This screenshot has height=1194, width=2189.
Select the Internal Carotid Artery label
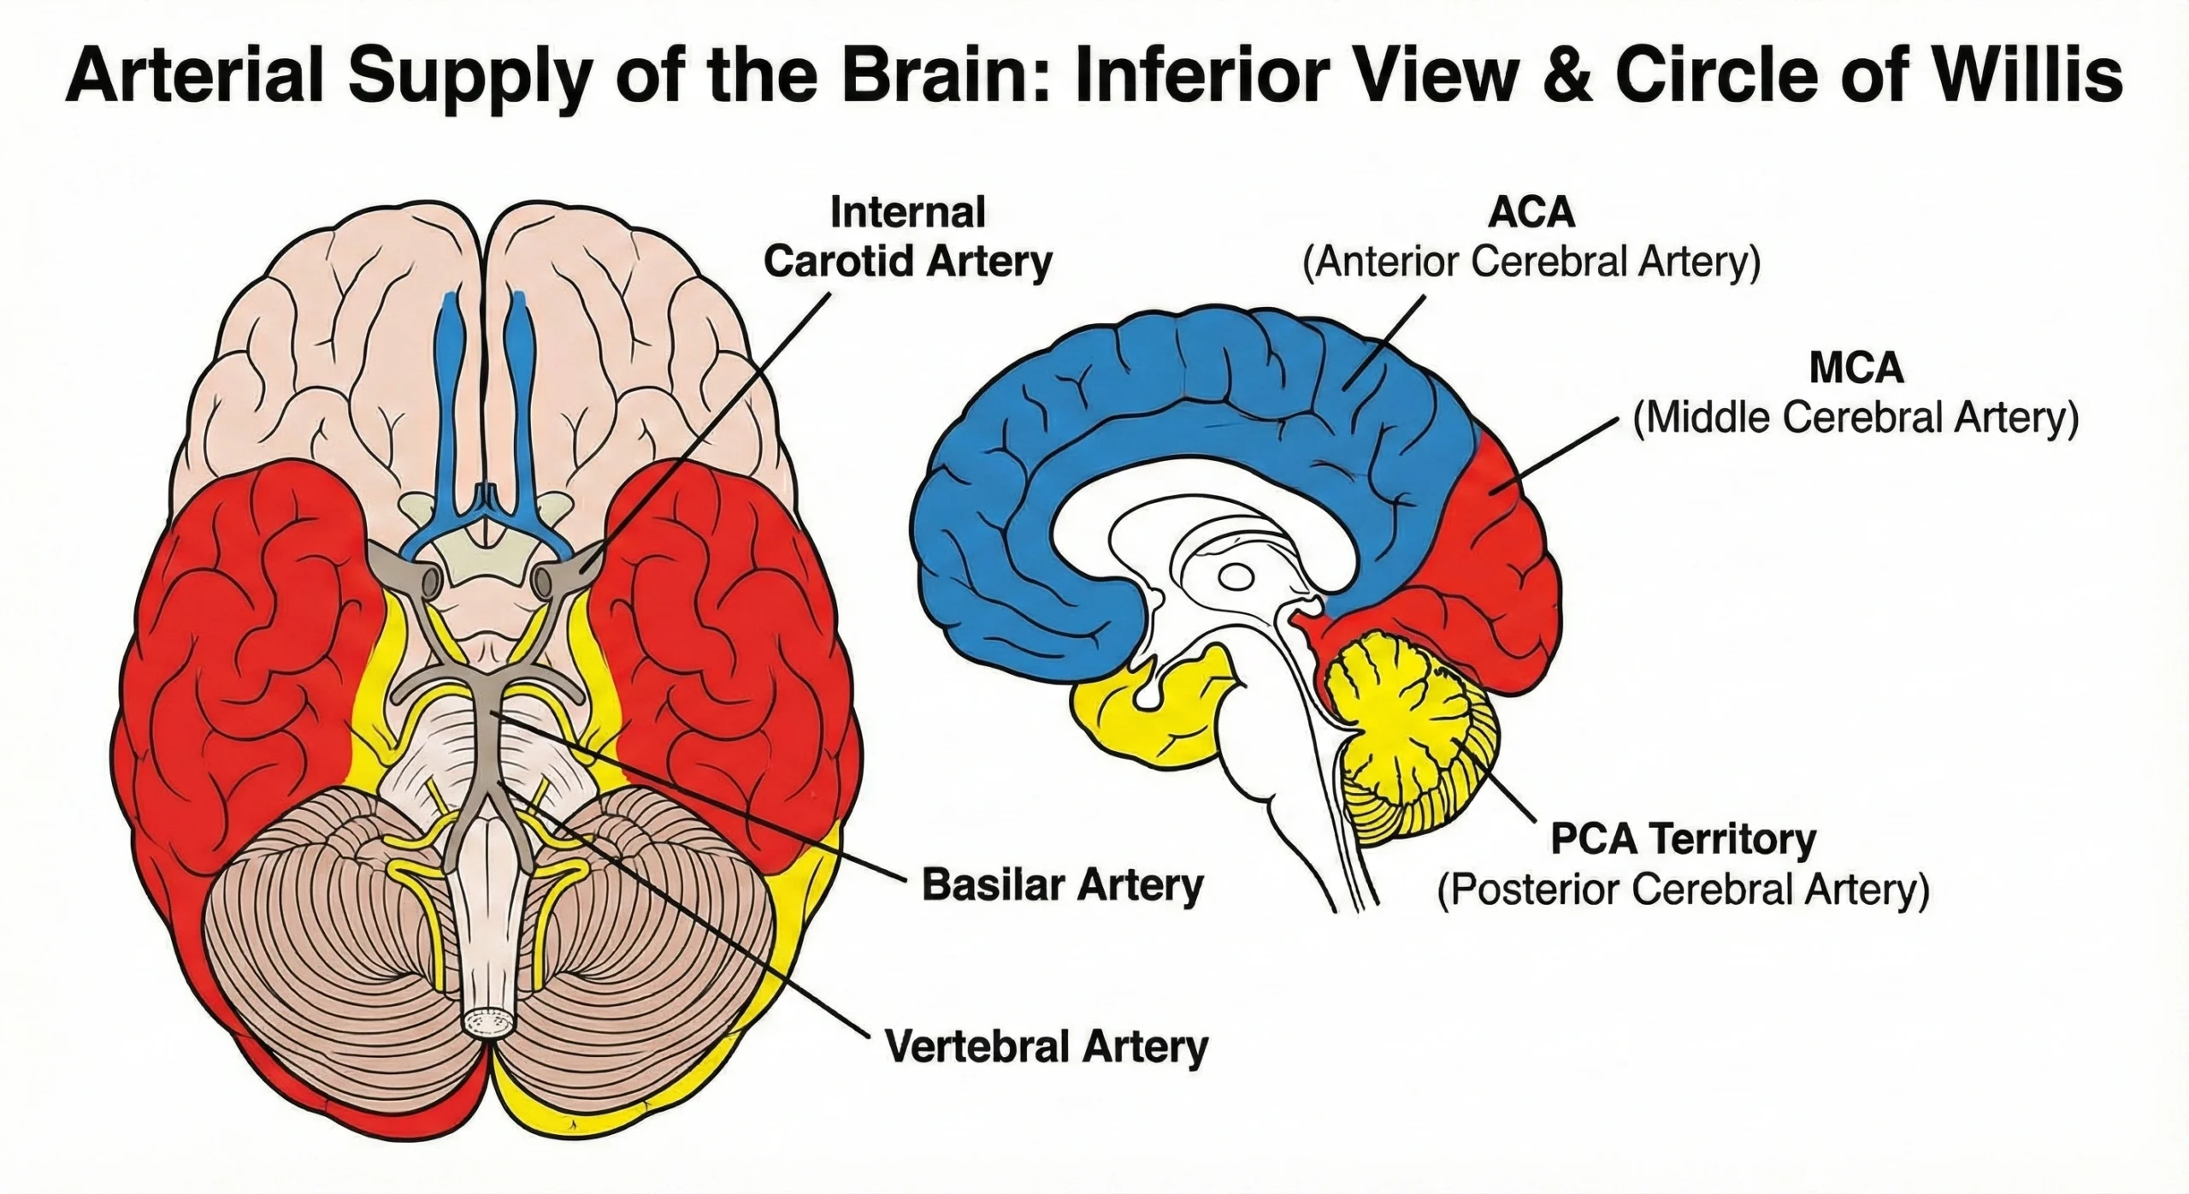coord(907,237)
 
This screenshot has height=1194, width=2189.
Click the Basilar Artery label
coord(1063,885)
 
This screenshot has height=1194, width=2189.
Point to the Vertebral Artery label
coord(1047,1047)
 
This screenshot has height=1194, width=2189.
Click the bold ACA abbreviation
coord(1531,213)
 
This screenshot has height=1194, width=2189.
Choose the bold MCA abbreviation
coord(1856,368)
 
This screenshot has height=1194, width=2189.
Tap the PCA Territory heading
coord(1683,839)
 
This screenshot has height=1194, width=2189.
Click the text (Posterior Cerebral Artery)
coord(1683,890)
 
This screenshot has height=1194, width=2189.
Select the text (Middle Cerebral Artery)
coord(1856,418)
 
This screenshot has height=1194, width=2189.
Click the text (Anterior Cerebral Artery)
coord(1531,263)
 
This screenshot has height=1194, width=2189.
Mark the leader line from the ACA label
coord(1385,342)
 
